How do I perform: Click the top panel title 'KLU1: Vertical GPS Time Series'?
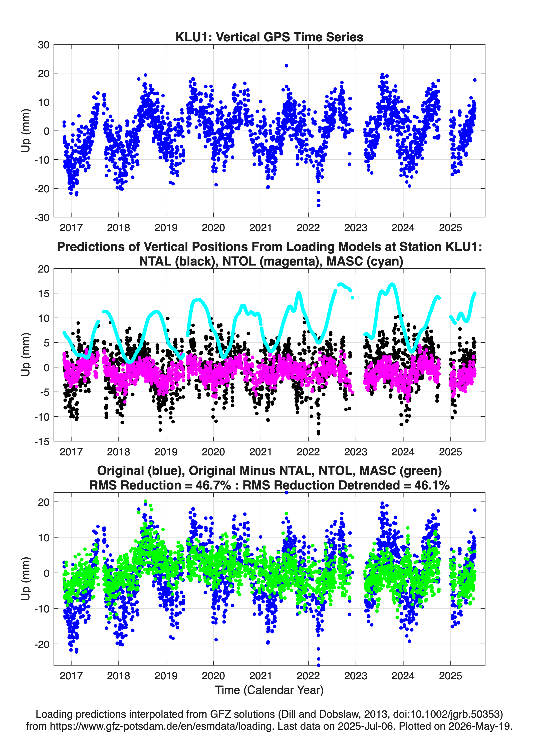point(269,37)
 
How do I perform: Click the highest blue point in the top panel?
point(286,66)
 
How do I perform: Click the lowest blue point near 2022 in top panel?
point(319,205)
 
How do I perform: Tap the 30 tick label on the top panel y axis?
point(44,45)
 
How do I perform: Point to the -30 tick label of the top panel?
point(42,217)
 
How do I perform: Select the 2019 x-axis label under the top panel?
point(166,228)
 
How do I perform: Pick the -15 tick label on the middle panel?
point(42,441)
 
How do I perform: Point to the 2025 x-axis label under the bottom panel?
point(450,676)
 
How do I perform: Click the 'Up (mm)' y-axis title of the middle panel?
point(26,355)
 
